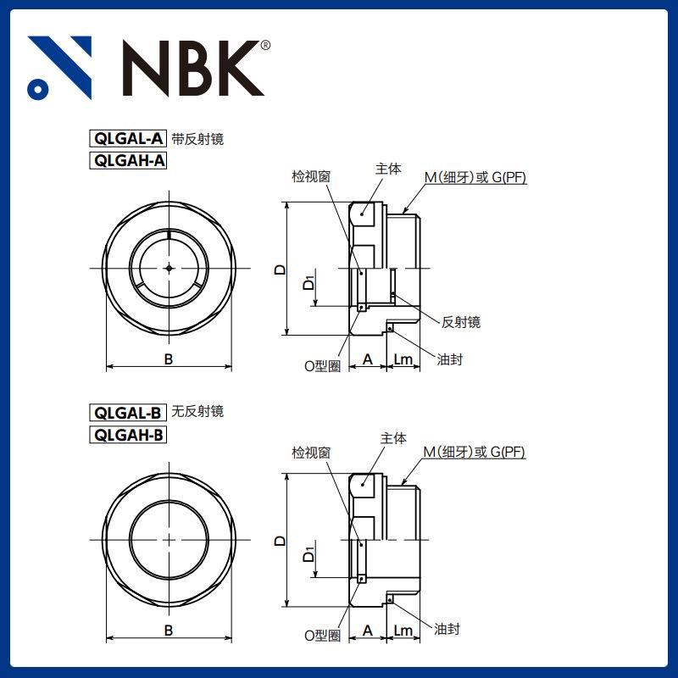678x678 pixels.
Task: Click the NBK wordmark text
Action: [x=193, y=68]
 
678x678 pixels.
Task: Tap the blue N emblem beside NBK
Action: [x=59, y=68]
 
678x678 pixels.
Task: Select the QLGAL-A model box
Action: [x=128, y=139]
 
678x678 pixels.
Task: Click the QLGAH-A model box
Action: [x=128, y=160]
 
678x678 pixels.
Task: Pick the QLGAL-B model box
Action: [x=128, y=413]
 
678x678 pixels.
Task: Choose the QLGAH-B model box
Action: [x=128, y=435]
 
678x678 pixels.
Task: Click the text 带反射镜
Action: [x=197, y=139]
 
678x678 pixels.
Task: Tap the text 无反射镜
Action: [x=197, y=411]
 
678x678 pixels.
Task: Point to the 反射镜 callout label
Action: [x=460, y=322]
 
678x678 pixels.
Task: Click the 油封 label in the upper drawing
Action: [x=450, y=359]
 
